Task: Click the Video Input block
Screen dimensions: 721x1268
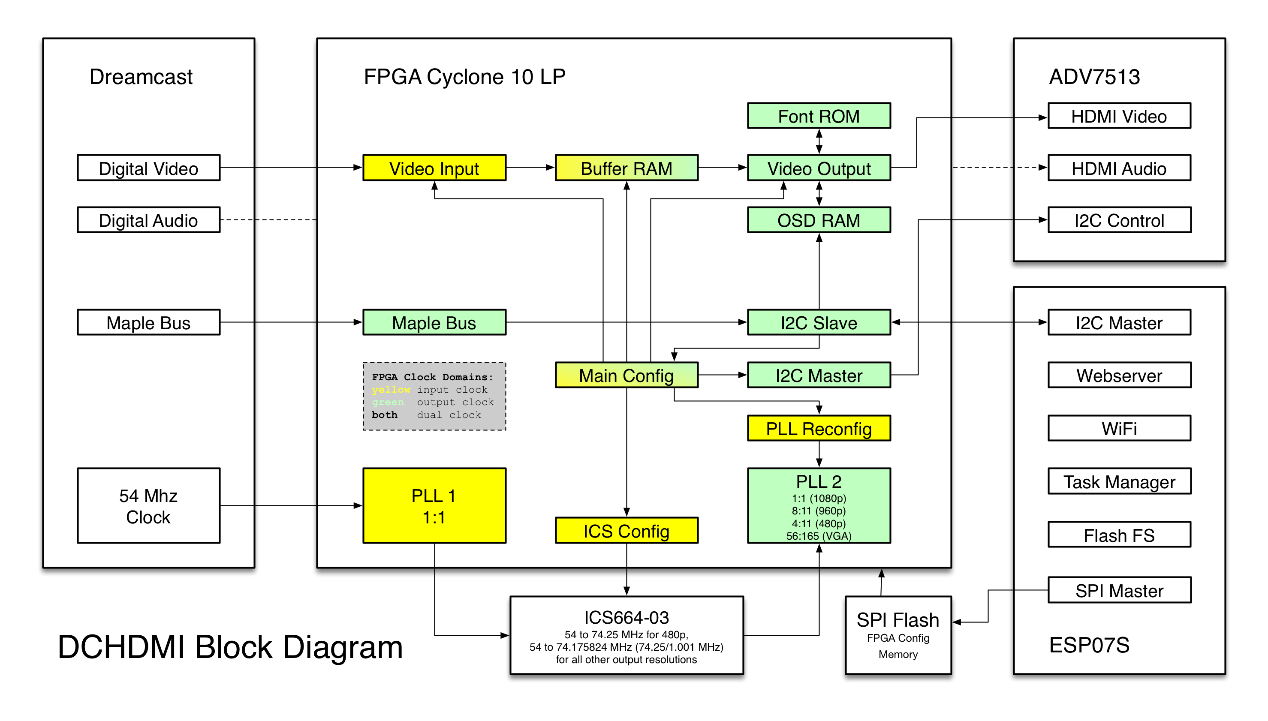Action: pyautogui.click(x=434, y=168)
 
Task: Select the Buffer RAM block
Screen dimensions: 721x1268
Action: pyautogui.click(x=626, y=168)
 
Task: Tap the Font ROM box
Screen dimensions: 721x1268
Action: pyautogui.click(x=818, y=116)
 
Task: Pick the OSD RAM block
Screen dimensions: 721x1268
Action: pyautogui.click(x=818, y=220)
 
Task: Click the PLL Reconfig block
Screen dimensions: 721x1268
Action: pyautogui.click(x=818, y=428)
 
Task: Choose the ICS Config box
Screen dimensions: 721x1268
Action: pyautogui.click(x=626, y=531)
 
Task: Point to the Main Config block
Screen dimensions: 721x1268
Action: pyautogui.click(x=626, y=376)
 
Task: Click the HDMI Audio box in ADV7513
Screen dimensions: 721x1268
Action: pyautogui.click(x=1118, y=168)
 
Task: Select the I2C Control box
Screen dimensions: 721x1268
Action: pyautogui.click(x=1118, y=220)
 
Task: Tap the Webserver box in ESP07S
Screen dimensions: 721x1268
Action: pyautogui.click(x=1118, y=376)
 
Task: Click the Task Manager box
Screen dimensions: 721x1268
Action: pyautogui.click(x=1118, y=481)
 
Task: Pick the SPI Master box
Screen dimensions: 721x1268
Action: pyautogui.click(x=1118, y=590)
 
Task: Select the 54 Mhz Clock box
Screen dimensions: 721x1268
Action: pyautogui.click(x=148, y=505)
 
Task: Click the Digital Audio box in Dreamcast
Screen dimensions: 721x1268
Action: pyautogui.click(x=148, y=220)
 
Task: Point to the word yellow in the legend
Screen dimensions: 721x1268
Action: pyautogui.click(x=391, y=390)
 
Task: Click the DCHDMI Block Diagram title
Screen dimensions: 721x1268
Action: pyautogui.click(x=230, y=647)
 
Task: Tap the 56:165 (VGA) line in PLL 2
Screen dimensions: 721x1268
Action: pyautogui.click(x=818, y=536)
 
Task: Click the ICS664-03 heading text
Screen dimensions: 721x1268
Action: pyautogui.click(x=626, y=618)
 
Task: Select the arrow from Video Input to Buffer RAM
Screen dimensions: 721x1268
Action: pyautogui.click(x=530, y=167)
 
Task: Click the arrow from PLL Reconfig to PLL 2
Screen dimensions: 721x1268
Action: pyautogui.click(x=819, y=454)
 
